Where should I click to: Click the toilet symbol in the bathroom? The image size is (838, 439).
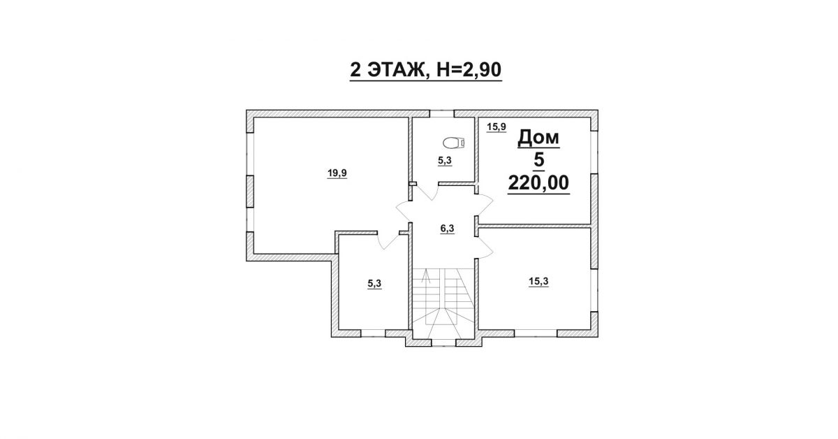(x=455, y=143)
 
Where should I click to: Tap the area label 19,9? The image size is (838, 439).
(x=337, y=173)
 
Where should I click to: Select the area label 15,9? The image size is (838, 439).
(x=497, y=127)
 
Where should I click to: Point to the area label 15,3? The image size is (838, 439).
(x=538, y=281)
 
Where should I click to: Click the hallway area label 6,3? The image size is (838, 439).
(x=447, y=228)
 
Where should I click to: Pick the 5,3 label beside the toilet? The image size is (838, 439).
(x=445, y=161)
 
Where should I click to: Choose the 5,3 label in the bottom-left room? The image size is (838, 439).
(x=374, y=284)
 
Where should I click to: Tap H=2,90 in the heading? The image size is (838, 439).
(x=468, y=70)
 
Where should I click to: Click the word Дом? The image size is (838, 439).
(x=538, y=138)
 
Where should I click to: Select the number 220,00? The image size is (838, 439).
(x=538, y=182)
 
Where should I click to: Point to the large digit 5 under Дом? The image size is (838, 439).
(x=538, y=160)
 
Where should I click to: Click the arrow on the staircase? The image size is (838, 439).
(x=425, y=276)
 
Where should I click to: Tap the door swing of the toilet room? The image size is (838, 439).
(x=427, y=192)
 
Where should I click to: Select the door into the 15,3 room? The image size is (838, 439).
(x=485, y=247)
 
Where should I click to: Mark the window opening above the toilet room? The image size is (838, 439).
(x=441, y=114)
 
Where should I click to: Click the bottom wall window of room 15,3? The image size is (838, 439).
(x=536, y=333)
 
